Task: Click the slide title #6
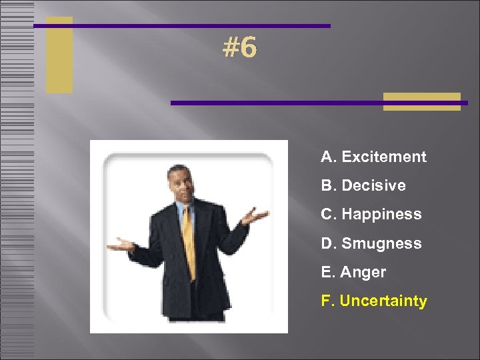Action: tap(239, 48)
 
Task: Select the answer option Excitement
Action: tap(383, 157)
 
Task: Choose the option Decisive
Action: tap(373, 186)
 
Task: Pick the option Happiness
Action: tap(381, 215)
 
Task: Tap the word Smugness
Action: tap(381, 244)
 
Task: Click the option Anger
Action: tap(363, 273)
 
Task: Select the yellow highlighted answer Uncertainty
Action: tap(383, 301)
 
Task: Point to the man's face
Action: tap(179, 183)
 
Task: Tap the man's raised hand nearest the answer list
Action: tap(253, 216)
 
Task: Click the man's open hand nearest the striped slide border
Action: tap(120, 245)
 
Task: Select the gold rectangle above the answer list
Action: tap(422, 101)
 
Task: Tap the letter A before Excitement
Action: tap(327, 157)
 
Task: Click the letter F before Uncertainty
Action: tap(326, 301)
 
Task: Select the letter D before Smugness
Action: tap(327, 244)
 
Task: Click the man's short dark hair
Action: tap(178, 169)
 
